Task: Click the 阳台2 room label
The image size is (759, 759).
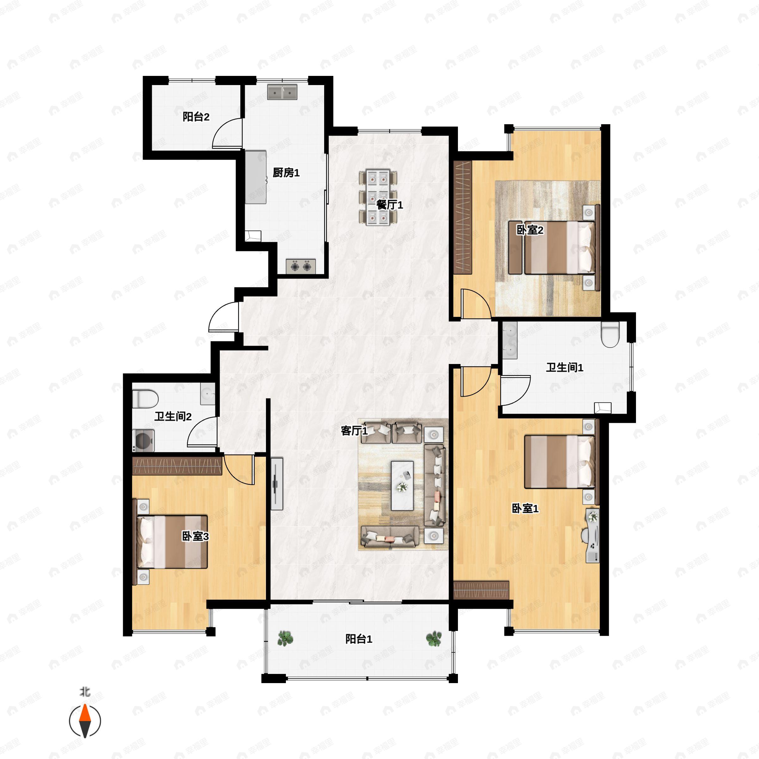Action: (196, 117)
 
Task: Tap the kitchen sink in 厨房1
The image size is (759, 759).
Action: (282, 92)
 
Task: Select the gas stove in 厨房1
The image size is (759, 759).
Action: (300, 267)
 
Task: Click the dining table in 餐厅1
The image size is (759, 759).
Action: (378, 197)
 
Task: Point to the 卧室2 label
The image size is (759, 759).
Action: (530, 230)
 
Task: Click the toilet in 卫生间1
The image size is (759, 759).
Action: (610, 334)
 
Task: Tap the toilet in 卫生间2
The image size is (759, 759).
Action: (145, 399)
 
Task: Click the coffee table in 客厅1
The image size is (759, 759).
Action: (402, 485)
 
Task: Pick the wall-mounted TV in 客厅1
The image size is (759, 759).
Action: (277, 484)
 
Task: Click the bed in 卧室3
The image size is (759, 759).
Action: (172, 542)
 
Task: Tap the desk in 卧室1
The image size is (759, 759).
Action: (592, 535)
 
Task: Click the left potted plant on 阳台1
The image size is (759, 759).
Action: (285, 639)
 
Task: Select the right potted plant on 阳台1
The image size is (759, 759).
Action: (434, 639)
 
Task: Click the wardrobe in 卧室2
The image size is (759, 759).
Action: (463, 217)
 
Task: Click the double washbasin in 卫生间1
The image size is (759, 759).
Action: (510, 340)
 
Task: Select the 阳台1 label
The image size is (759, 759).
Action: (359, 639)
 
